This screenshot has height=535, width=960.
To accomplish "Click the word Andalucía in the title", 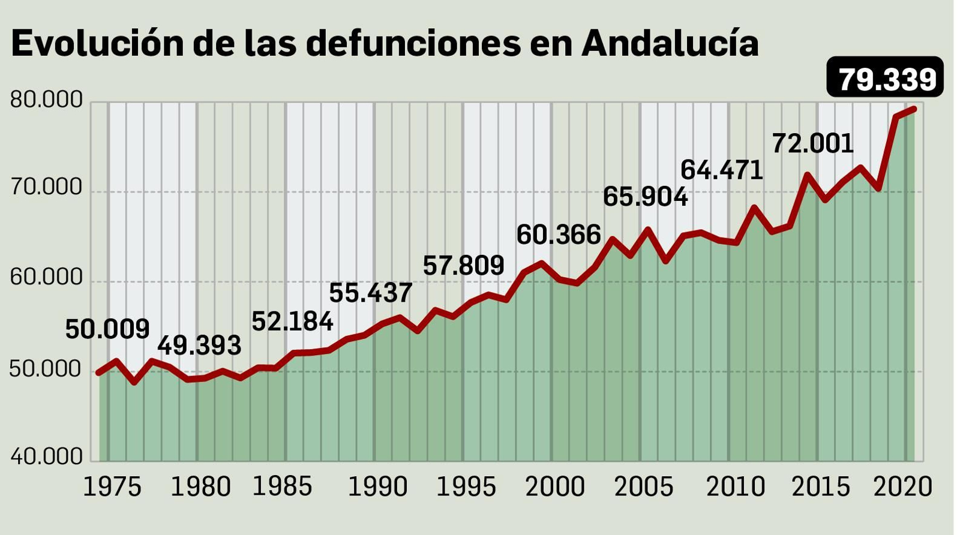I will [670, 43].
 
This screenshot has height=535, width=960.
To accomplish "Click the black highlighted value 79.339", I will [886, 78].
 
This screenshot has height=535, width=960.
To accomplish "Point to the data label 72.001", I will [812, 143].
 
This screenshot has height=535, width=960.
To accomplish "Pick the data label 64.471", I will [721, 170].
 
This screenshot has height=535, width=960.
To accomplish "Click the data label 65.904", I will [645, 197].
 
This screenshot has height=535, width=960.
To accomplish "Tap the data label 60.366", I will [559, 235].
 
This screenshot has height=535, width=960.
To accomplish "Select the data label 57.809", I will [463, 265].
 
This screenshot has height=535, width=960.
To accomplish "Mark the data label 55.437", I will [370, 293].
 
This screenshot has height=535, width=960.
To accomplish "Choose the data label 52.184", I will [292, 321].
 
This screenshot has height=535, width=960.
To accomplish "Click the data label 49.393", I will [199, 345].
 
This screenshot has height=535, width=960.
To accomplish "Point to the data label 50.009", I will [107, 329].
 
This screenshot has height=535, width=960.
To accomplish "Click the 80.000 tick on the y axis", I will [46, 100].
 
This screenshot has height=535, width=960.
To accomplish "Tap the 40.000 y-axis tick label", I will [46, 456].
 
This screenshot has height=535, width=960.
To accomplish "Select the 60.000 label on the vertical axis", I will [46, 277].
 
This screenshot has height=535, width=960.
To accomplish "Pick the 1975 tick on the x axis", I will [112, 487].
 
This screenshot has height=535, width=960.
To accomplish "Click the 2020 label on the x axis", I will [903, 487].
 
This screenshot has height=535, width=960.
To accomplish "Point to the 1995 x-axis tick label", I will [466, 487].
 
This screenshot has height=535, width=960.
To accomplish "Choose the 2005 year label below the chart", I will [644, 487].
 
